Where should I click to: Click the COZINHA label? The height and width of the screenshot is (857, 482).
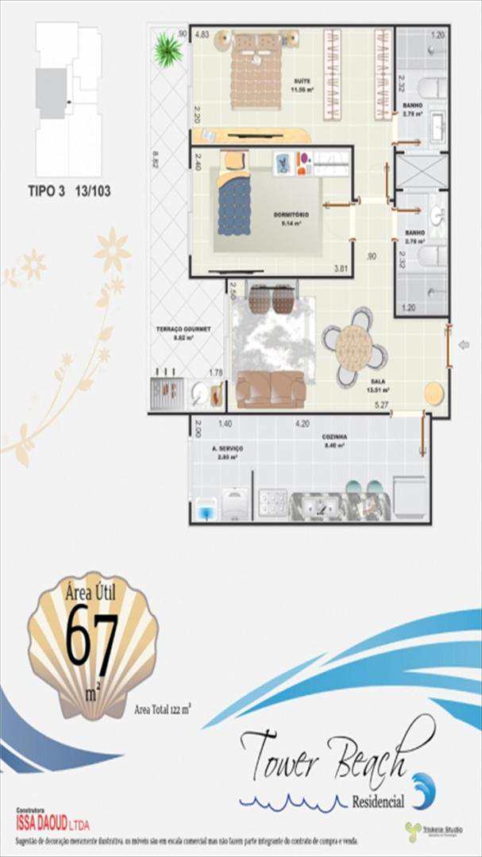tap(333, 436)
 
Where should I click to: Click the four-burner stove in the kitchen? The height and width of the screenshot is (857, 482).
tap(273, 503)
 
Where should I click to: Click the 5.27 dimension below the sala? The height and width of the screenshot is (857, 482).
tap(383, 407)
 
